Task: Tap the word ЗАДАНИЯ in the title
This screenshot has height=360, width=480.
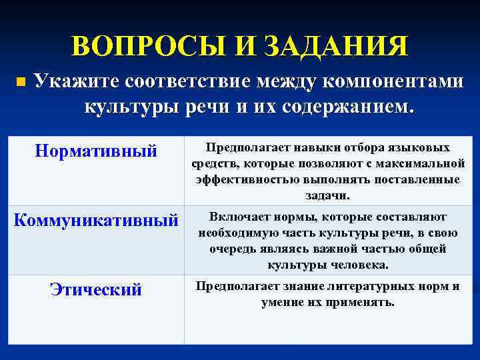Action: tap(335, 47)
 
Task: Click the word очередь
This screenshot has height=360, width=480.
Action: tap(237, 249)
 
